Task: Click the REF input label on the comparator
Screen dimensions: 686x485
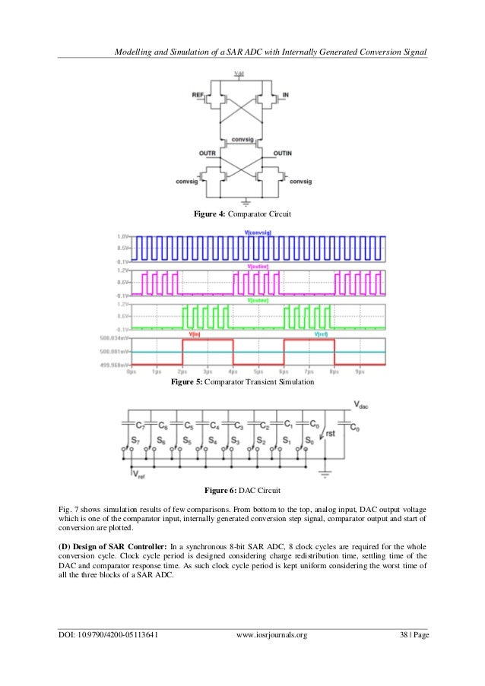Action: point(198,96)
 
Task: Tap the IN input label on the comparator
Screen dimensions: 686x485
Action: point(285,96)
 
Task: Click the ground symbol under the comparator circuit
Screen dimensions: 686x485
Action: point(243,202)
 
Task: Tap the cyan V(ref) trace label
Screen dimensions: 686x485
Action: point(323,334)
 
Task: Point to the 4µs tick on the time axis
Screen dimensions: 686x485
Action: point(233,372)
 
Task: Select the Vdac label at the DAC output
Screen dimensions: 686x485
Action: point(362,407)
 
